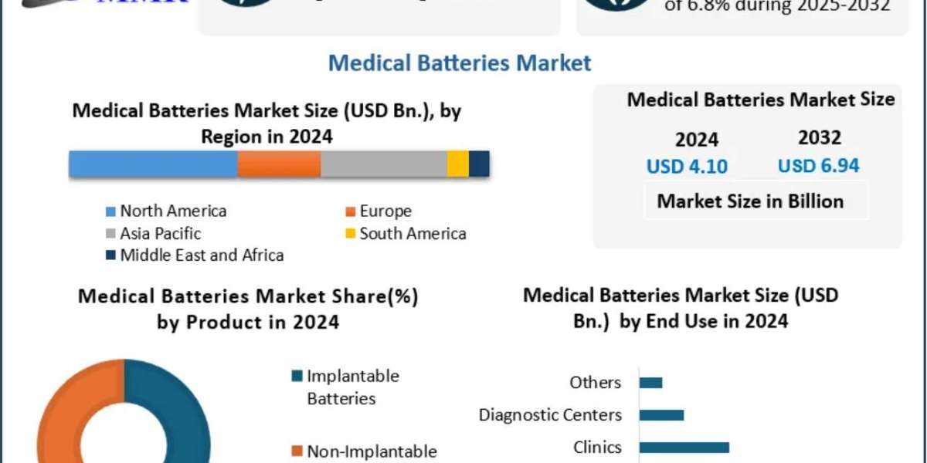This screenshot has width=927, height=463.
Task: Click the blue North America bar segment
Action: (153, 164)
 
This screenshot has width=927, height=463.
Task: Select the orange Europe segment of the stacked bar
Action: (279, 164)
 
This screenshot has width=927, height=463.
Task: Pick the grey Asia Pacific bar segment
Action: (384, 164)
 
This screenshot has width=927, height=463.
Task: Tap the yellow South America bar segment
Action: (458, 164)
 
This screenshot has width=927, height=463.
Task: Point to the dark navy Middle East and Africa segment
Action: (479, 164)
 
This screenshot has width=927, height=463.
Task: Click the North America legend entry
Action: (173, 211)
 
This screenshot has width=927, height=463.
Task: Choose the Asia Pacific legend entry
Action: (161, 233)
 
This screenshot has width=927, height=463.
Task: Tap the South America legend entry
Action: (413, 233)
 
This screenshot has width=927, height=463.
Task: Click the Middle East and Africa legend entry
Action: (202, 255)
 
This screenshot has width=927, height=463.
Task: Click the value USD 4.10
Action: (687, 167)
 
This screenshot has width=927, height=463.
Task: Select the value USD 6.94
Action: (818, 166)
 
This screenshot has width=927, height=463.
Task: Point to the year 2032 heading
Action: (820, 138)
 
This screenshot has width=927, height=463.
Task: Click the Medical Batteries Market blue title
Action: (460, 63)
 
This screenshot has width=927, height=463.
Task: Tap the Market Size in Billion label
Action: (750, 201)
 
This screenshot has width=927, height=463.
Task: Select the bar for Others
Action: (650, 383)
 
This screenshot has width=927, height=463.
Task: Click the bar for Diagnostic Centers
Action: (661, 415)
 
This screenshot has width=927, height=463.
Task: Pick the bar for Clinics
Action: (684, 447)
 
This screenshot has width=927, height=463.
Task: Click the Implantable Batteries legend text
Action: (352, 387)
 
